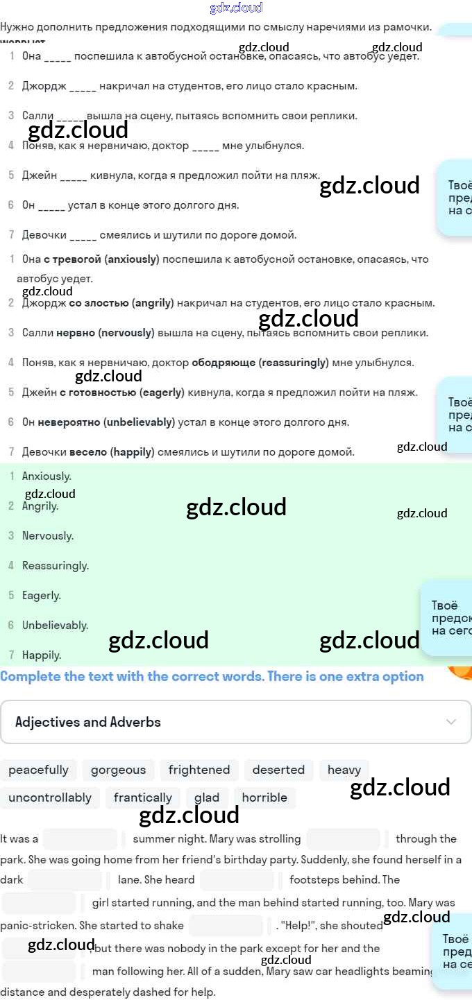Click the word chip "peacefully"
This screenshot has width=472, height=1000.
(38, 770)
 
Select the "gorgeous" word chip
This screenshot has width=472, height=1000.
(118, 770)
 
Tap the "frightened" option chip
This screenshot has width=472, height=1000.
(199, 770)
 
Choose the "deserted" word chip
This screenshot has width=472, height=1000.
(278, 770)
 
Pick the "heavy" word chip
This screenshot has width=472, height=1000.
(344, 770)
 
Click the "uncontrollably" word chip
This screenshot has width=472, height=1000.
(50, 798)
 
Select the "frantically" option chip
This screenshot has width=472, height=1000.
(143, 798)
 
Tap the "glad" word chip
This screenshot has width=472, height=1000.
(207, 798)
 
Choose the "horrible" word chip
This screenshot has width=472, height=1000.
(264, 798)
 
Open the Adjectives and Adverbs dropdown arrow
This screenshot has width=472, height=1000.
(451, 722)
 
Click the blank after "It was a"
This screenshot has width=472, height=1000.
(80, 839)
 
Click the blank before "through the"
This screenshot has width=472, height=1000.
(343, 839)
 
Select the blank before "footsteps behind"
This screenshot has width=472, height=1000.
(237, 880)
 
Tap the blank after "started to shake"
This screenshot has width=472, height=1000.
(226, 926)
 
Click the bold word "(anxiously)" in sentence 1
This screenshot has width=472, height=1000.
(132, 259)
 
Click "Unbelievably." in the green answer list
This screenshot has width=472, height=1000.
(55, 626)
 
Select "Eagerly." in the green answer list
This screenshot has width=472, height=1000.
(42, 596)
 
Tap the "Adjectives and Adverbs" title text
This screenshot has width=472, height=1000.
(88, 722)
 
